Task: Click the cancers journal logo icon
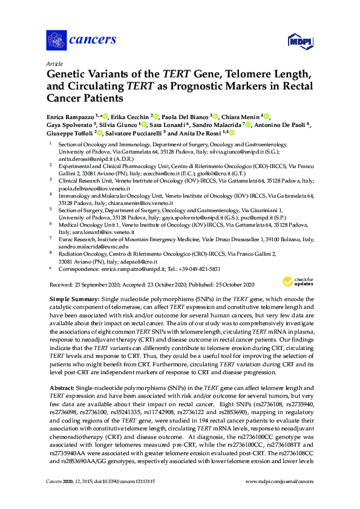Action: (x=56, y=41)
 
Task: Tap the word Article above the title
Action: (x=54, y=63)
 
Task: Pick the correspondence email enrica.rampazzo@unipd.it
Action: (x=129, y=268)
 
